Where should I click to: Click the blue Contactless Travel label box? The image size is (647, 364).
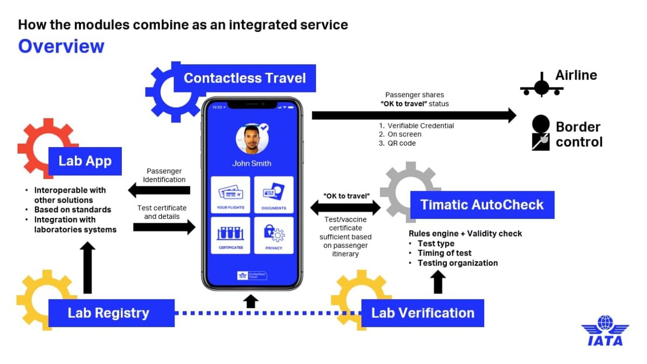244,78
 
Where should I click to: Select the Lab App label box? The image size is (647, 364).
85,161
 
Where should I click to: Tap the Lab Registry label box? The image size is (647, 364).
111,313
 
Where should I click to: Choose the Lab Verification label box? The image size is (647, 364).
423,313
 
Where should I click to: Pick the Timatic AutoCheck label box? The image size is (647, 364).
482,205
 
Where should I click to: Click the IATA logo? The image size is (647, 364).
605,331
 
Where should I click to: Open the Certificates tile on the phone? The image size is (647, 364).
230,235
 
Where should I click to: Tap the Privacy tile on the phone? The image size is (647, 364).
274,235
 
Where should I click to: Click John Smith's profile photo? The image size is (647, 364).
252,139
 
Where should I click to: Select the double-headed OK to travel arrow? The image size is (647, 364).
346,207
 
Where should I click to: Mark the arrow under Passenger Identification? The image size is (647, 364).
159,190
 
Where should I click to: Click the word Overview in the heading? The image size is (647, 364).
61,46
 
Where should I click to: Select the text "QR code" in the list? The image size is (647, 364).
401,143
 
